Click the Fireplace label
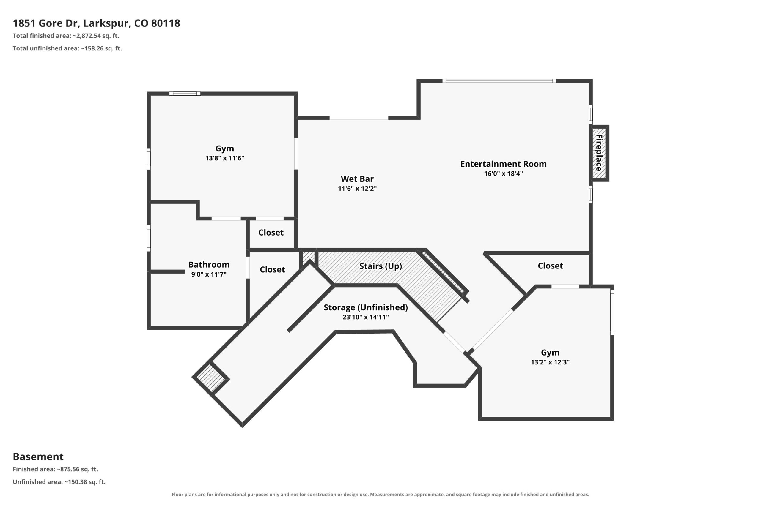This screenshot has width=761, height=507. pyautogui.click(x=599, y=153)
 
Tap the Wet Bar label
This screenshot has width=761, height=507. pyautogui.click(x=357, y=179)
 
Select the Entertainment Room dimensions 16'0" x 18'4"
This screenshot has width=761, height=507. pyautogui.click(x=504, y=174)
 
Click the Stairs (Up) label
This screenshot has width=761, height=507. pyautogui.click(x=380, y=266)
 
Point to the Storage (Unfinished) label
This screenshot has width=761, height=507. pyautogui.click(x=366, y=307)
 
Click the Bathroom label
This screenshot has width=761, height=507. pyautogui.click(x=209, y=265)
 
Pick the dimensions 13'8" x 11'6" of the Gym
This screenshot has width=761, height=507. pyautogui.click(x=224, y=158)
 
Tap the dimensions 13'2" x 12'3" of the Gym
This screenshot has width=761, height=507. pyautogui.click(x=550, y=362)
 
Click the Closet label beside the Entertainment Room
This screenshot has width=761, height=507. pyautogui.click(x=550, y=266)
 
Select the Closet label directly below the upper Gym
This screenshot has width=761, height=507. pyautogui.click(x=271, y=233)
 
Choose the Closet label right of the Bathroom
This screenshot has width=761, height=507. pyautogui.click(x=272, y=270)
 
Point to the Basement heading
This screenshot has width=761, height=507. pyautogui.click(x=38, y=457)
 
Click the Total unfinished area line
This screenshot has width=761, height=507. pyautogui.click(x=67, y=48)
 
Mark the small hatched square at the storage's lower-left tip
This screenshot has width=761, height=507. pyautogui.click(x=211, y=378)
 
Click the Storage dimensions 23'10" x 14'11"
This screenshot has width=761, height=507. pyautogui.click(x=366, y=317)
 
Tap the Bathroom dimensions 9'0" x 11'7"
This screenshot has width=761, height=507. pyautogui.click(x=209, y=274)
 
